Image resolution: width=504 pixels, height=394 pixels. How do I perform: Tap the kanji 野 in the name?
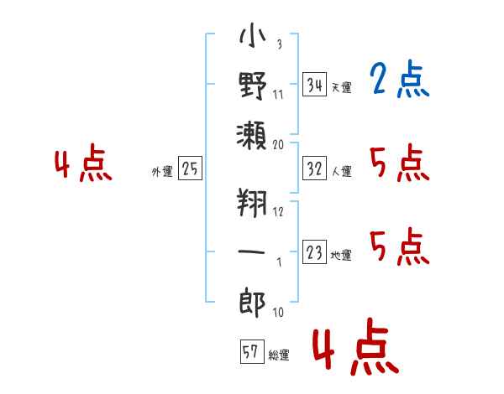[x=253, y=86]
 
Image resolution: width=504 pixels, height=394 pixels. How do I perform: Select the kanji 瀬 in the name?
[x=252, y=136]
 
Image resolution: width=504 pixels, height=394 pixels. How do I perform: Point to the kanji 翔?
[x=252, y=203]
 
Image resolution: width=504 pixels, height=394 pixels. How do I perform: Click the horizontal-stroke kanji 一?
[x=252, y=251]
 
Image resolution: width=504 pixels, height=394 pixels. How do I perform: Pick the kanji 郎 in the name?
[x=252, y=303]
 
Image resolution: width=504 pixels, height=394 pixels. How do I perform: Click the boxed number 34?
[x=314, y=84]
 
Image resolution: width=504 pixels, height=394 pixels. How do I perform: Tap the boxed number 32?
[x=314, y=168]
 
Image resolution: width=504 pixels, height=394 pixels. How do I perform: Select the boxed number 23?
[x=314, y=251]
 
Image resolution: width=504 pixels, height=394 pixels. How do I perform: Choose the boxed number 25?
[x=190, y=168]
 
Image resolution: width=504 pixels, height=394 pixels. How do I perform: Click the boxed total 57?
[x=252, y=351]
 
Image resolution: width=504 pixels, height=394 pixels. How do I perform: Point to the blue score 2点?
[x=399, y=79]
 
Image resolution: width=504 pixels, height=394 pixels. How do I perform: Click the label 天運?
[x=341, y=87]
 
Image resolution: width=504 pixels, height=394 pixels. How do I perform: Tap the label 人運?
[x=341, y=171]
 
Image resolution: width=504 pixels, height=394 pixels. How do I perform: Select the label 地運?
[x=341, y=256]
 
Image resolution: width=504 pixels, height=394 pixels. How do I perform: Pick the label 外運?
[x=162, y=171]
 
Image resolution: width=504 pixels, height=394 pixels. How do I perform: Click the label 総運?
[x=279, y=355]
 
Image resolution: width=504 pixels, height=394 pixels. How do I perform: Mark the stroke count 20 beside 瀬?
[x=278, y=145]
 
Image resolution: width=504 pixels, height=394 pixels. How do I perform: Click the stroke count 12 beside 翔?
[x=278, y=212]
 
